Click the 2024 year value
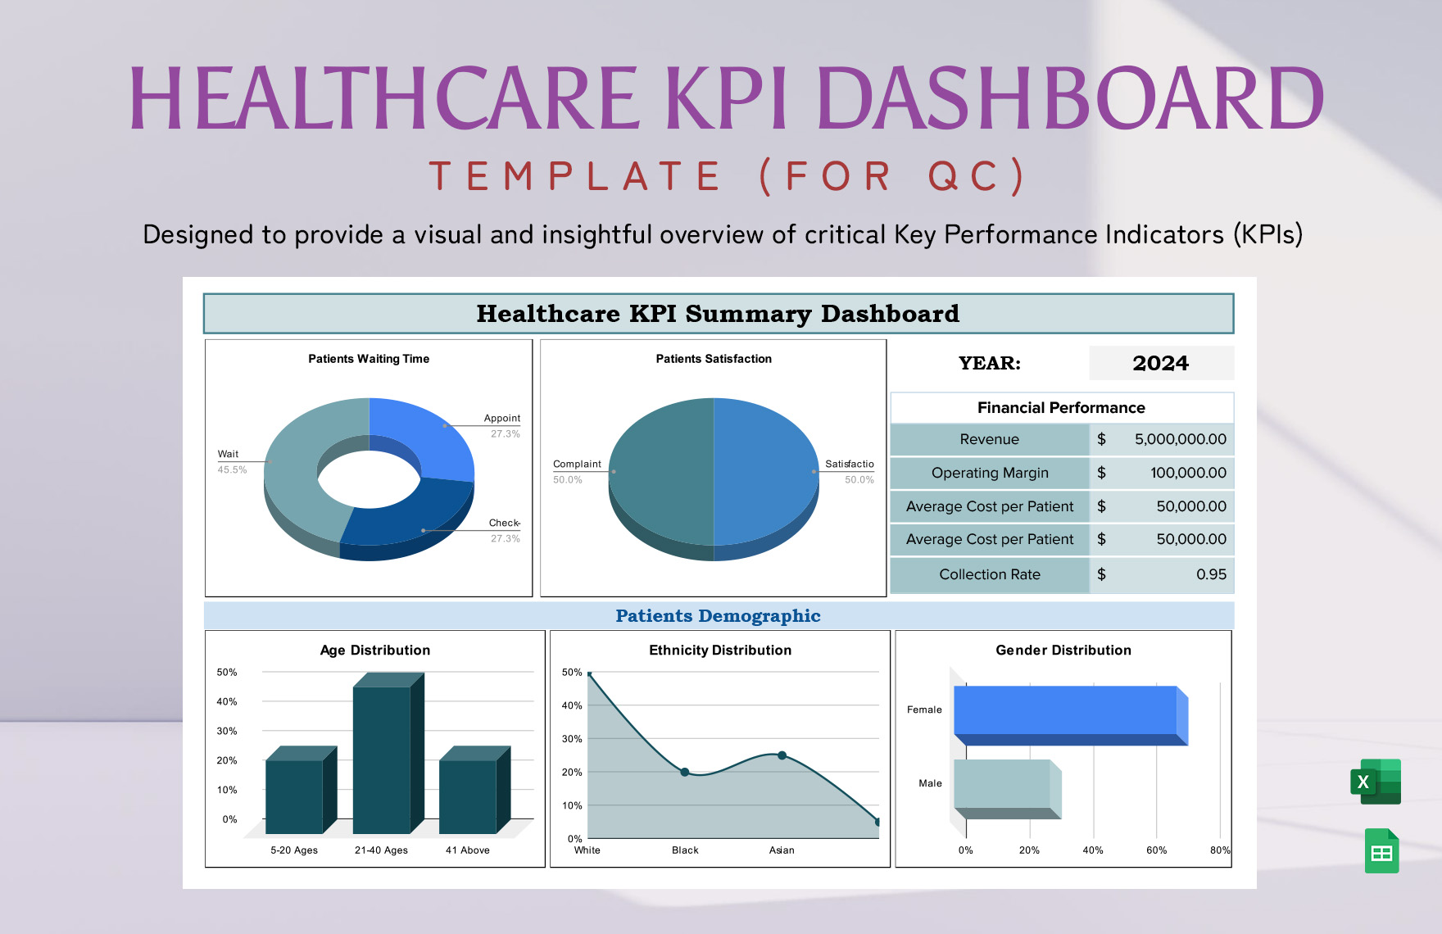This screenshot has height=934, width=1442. coord(1160,363)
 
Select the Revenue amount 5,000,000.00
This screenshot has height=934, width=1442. coord(1180,439)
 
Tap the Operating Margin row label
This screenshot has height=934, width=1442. coord(990,473)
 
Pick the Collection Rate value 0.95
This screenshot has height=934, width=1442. coord(1211,574)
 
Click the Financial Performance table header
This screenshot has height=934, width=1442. coord(1061,407)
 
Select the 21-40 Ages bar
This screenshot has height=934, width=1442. coord(382,758)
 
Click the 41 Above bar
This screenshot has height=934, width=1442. coord(468,795)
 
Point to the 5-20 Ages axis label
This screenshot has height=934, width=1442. coord(294,850)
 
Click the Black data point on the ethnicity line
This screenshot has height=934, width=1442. coord(685,772)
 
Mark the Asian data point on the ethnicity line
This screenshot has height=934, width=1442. coord(782,755)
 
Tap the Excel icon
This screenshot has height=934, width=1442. coord(1376,782)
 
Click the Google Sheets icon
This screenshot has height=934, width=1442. coord(1381,851)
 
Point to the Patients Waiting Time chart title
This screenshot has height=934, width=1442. coord(369,359)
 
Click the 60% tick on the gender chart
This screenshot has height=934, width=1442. coord(1156,850)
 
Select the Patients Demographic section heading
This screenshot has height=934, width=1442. coord(718,616)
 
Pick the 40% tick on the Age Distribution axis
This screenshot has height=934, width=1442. coord(227,701)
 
